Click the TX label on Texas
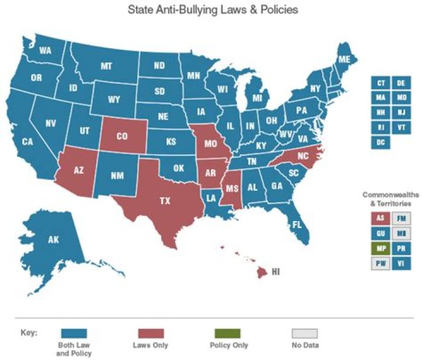pyautogui.click(x=165, y=201)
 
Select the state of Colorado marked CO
pyautogui.click(x=122, y=137)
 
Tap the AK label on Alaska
pyautogui.click(x=54, y=239)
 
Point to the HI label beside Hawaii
pyautogui.click(x=276, y=272)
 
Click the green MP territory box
pyautogui.click(x=381, y=248)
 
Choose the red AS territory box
pyautogui.click(x=381, y=218)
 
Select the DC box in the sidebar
pyautogui.click(x=381, y=142)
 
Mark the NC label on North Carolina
pyautogui.click(x=302, y=157)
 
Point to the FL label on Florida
pyautogui.click(x=297, y=225)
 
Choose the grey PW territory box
pyautogui.click(x=381, y=263)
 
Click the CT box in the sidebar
pyautogui.click(x=381, y=83)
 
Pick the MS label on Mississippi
pyautogui.click(x=232, y=188)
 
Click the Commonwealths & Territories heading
pyautogui.click(x=387, y=199)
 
